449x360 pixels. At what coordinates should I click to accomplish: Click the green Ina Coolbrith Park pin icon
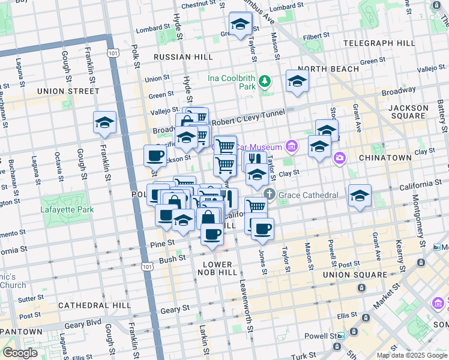click(x=264, y=82)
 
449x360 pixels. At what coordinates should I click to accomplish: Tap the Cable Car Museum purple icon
click(x=291, y=146)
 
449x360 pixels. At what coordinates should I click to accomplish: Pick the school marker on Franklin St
click(x=104, y=123)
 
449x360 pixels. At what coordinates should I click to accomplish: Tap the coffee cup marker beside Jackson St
click(x=155, y=156)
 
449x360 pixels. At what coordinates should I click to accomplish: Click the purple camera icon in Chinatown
click(x=340, y=157)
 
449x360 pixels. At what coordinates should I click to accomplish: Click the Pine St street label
click(x=163, y=243)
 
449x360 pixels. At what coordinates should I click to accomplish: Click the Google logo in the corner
click(x=20, y=353)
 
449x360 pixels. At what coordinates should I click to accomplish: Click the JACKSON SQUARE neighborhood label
click(x=408, y=113)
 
